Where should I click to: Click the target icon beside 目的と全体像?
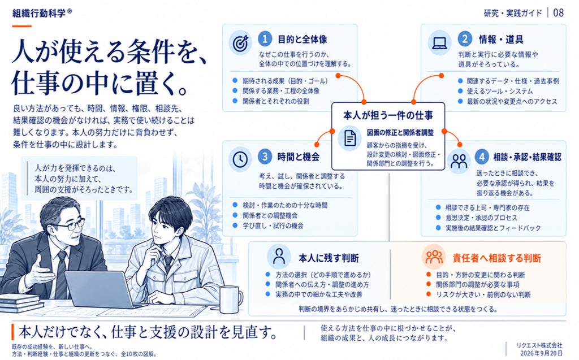[240, 43]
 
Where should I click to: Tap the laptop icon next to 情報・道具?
[439, 43]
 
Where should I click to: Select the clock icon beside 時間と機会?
[240, 159]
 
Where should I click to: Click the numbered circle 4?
[482, 157]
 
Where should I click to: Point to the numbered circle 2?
[465, 39]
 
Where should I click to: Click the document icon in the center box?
[349, 138]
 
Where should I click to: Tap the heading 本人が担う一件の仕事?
[388, 115]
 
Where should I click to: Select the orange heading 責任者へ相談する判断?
[496, 258]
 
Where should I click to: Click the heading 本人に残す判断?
[329, 258]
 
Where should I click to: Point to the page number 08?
[558, 13]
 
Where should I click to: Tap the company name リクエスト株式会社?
[539, 345]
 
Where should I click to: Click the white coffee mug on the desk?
[231, 299]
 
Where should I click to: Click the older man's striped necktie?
[61, 275]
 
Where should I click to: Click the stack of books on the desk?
[20, 303]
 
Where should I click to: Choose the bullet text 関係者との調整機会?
[270, 216]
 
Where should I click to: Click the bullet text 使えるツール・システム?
[500, 91]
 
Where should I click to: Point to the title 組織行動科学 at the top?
[39, 14]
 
